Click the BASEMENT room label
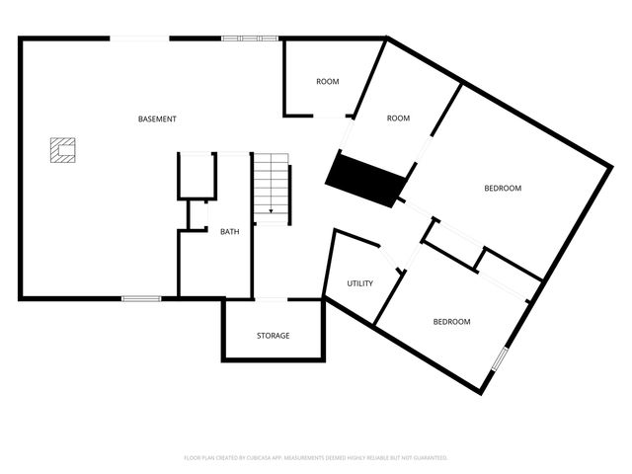coord(157,119)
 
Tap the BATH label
coord(229,232)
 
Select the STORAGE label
coord(274,336)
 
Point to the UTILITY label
coord(359,283)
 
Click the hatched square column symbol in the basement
coord(62,150)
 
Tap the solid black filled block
coord(366,179)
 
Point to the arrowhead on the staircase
coord(272,211)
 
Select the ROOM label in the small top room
coord(328,81)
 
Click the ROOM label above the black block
coord(398,118)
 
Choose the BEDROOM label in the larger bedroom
coord(502,188)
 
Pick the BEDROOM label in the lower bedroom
coord(452,322)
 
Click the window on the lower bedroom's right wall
coord(500,357)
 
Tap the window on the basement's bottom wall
coord(141,298)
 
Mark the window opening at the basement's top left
coord(139,39)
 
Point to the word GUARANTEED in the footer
coord(427,458)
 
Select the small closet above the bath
coord(197,177)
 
